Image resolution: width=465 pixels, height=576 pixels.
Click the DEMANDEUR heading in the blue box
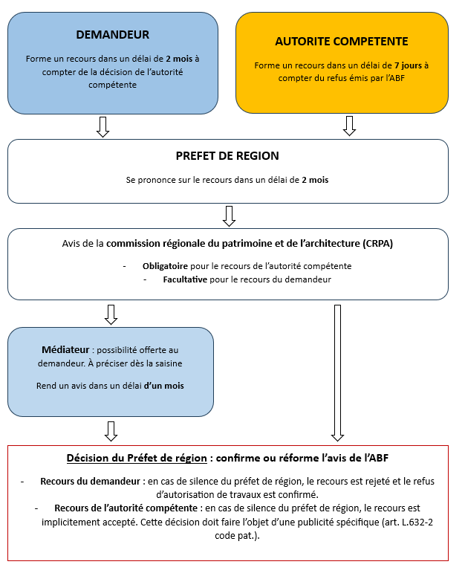113,35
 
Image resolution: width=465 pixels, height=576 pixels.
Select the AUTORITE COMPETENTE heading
342,42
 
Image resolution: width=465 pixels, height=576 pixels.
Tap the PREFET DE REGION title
227,156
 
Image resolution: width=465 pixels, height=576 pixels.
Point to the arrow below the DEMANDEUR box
103,126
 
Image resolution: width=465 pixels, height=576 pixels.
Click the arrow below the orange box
349,126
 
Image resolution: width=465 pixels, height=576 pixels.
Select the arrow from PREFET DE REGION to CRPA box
229,216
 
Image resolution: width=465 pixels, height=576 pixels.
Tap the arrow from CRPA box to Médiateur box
111,314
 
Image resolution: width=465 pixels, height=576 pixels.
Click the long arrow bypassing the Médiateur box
336,372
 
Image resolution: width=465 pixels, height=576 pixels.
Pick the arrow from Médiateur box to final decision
111,430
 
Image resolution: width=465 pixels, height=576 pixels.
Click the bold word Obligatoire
165,265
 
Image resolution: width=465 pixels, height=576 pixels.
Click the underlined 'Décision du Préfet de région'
135,457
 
